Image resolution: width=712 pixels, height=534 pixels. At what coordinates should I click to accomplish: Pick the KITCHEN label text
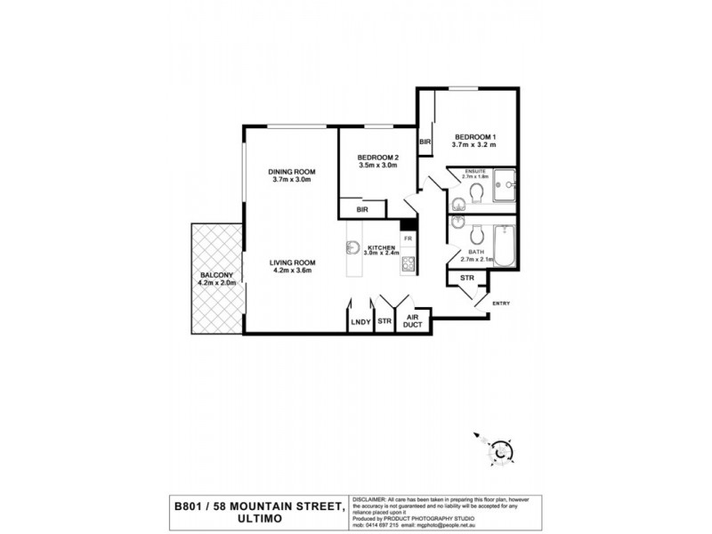383,248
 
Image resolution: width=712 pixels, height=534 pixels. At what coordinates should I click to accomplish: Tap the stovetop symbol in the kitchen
409,264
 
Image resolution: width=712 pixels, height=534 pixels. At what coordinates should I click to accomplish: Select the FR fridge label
408,239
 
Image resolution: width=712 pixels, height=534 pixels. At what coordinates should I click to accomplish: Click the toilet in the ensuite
474,191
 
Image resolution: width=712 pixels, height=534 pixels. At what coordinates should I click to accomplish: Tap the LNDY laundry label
360,321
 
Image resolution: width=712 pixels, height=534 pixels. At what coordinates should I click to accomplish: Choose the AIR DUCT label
412,321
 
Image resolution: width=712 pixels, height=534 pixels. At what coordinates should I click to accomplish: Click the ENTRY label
500,303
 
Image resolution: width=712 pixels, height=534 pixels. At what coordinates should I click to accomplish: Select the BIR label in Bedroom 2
362,209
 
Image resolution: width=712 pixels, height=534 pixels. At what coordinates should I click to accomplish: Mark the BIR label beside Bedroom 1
425,142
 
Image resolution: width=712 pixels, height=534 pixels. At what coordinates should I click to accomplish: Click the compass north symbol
501,451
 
